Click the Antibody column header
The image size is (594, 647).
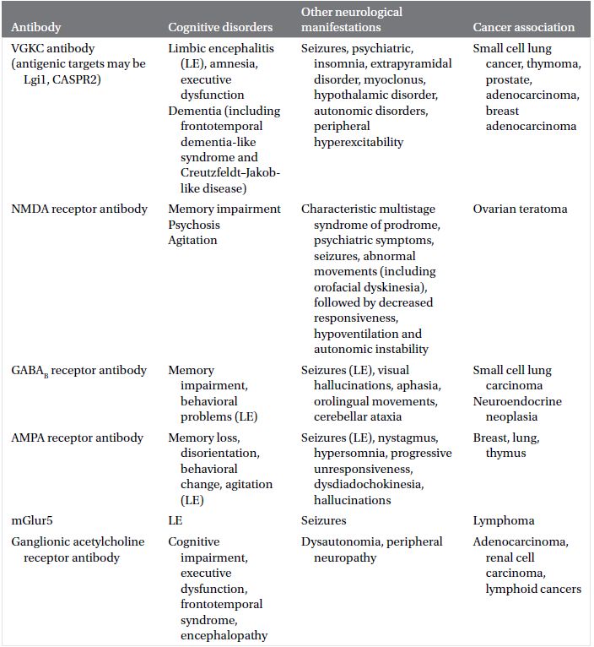[36, 28]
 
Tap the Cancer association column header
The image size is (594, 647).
[523, 28]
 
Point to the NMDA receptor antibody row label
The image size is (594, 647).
[79, 209]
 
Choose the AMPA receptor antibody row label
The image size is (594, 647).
[78, 438]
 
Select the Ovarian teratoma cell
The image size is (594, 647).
[520, 209]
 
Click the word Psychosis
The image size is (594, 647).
[194, 225]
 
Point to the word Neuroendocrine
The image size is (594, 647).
[517, 401]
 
